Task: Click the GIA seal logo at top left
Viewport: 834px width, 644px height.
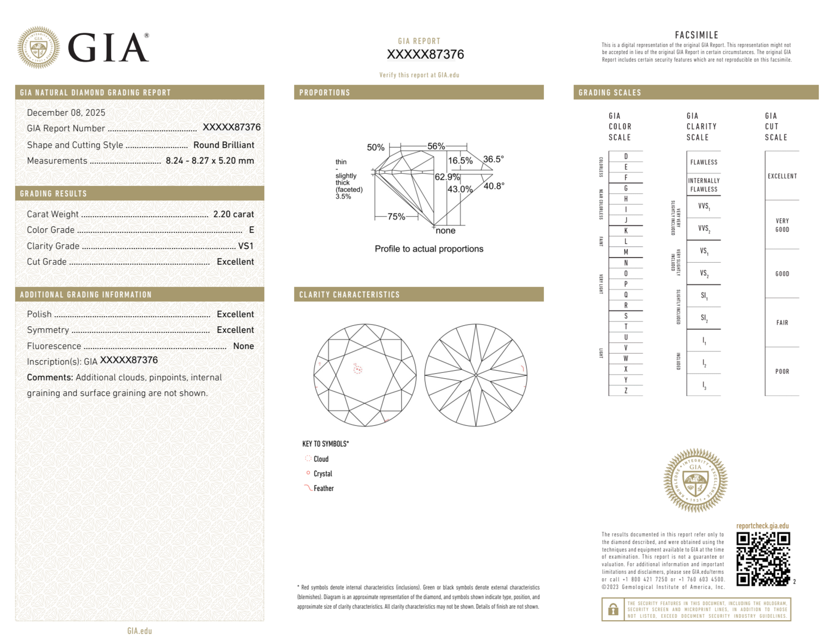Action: click(38, 47)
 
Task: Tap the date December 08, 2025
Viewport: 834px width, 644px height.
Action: click(66, 112)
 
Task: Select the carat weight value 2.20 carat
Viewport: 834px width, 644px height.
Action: click(233, 214)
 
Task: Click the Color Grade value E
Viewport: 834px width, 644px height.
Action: click(251, 230)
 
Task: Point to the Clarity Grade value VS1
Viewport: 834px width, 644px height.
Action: click(245, 246)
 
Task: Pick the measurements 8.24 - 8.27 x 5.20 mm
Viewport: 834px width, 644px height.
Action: click(210, 161)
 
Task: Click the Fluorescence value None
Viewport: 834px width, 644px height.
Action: click(243, 346)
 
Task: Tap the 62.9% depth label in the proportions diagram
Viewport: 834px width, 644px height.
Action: click(447, 177)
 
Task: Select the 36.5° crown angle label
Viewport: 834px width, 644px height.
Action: click(493, 159)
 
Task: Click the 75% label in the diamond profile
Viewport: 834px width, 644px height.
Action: click(396, 217)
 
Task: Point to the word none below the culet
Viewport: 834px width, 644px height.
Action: click(445, 231)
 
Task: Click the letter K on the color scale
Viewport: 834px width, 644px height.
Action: click(626, 231)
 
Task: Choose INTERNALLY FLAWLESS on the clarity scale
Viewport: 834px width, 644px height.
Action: click(704, 185)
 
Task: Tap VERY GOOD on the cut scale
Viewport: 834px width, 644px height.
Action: click(782, 225)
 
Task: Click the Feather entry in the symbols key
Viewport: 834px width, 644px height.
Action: click(323, 488)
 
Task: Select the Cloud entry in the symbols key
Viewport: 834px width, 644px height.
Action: click(321, 459)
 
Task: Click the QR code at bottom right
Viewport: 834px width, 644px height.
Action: click(763, 559)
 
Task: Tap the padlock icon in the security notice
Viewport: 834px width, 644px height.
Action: click(613, 609)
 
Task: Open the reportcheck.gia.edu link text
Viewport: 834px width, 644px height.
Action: click(762, 526)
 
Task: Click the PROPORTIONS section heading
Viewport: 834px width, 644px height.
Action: click(325, 92)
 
